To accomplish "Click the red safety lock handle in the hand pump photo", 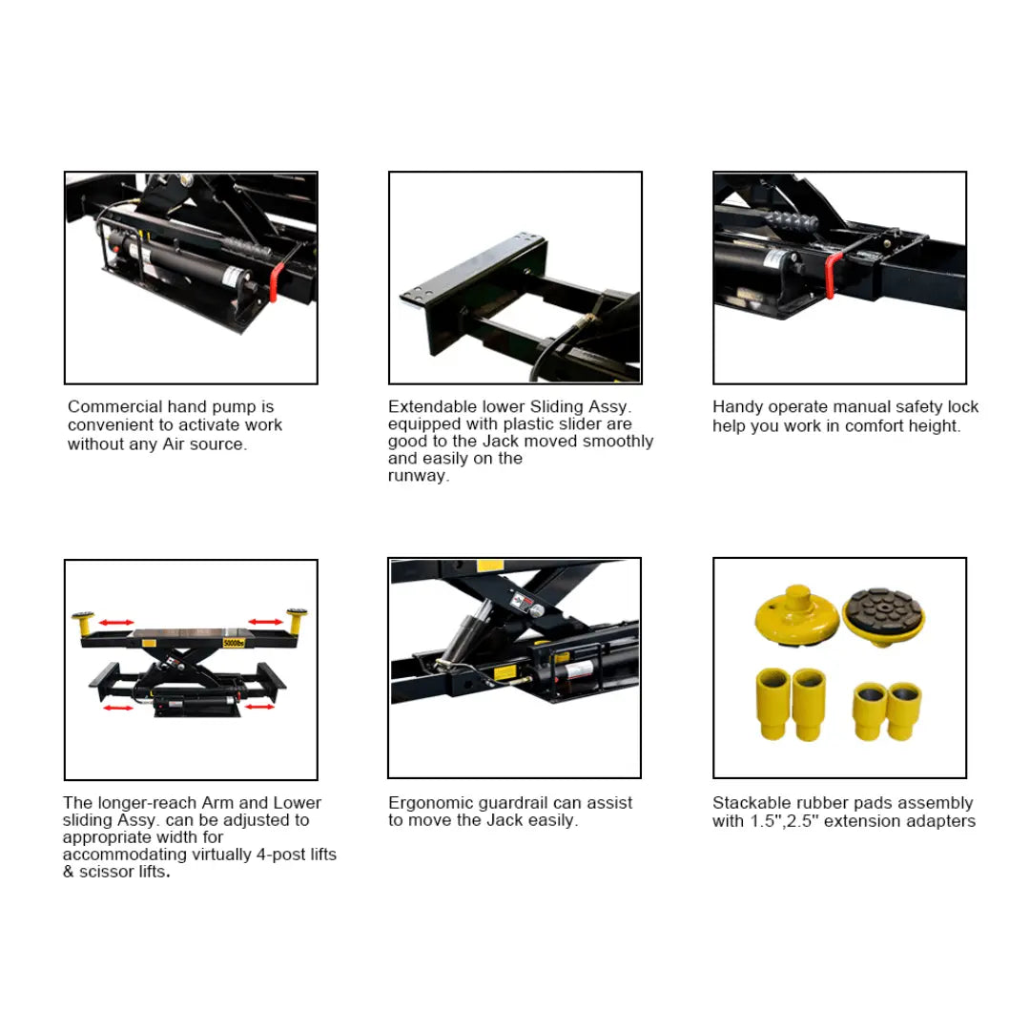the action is tap(277, 281).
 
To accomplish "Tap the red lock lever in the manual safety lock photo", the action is tap(832, 275).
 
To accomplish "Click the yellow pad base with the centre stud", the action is tap(796, 615).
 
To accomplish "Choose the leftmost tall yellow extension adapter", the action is tap(772, 704).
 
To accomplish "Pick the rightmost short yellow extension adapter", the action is tap(904, 711).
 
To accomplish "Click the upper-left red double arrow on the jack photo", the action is tap(116, 622).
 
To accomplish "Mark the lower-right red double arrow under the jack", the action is tap(260, 707).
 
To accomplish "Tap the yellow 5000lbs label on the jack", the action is tap(234, 643).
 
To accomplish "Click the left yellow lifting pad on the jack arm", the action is tap(83, 623).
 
